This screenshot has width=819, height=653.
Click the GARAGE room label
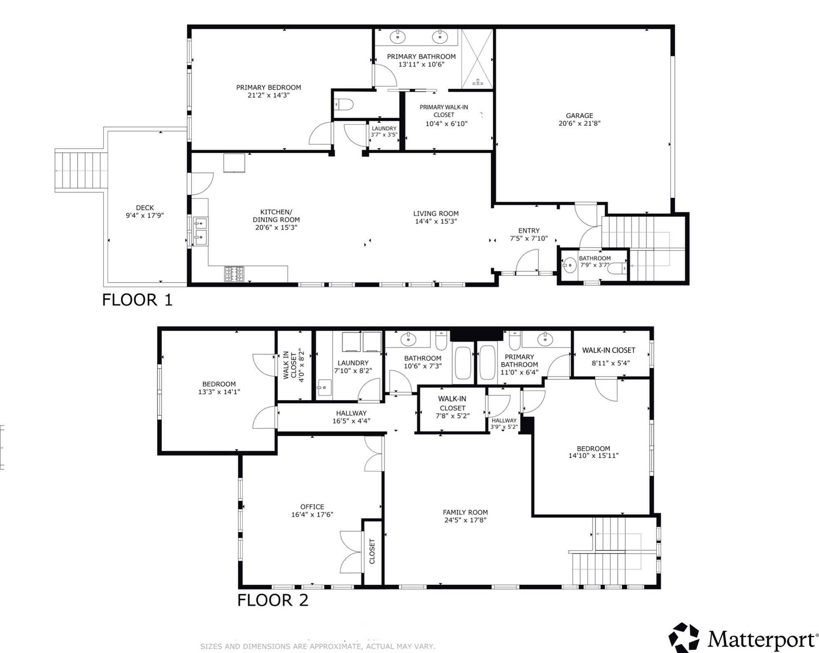579,116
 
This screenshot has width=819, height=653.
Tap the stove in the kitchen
234,274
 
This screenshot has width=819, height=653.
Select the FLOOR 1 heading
137,300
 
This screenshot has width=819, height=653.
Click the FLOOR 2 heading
273,600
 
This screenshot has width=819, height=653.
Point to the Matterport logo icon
683,638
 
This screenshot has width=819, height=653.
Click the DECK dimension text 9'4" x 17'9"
144,215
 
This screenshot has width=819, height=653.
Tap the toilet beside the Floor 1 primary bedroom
344,105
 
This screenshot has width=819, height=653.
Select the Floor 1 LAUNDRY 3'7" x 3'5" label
384,132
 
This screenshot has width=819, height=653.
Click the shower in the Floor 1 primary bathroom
477,59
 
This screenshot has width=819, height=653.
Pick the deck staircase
81,170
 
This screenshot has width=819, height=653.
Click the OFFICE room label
312,506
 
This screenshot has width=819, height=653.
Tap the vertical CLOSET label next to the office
372,551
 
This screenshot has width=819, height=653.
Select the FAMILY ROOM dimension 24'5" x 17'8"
465,520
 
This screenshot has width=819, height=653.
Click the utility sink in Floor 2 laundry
325,388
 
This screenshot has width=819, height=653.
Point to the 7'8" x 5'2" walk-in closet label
452,416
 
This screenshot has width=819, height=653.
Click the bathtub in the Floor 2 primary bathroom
487,362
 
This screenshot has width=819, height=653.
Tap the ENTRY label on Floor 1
529,231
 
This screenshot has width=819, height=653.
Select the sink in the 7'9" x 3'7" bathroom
570,265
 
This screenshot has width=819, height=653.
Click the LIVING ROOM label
436,213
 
